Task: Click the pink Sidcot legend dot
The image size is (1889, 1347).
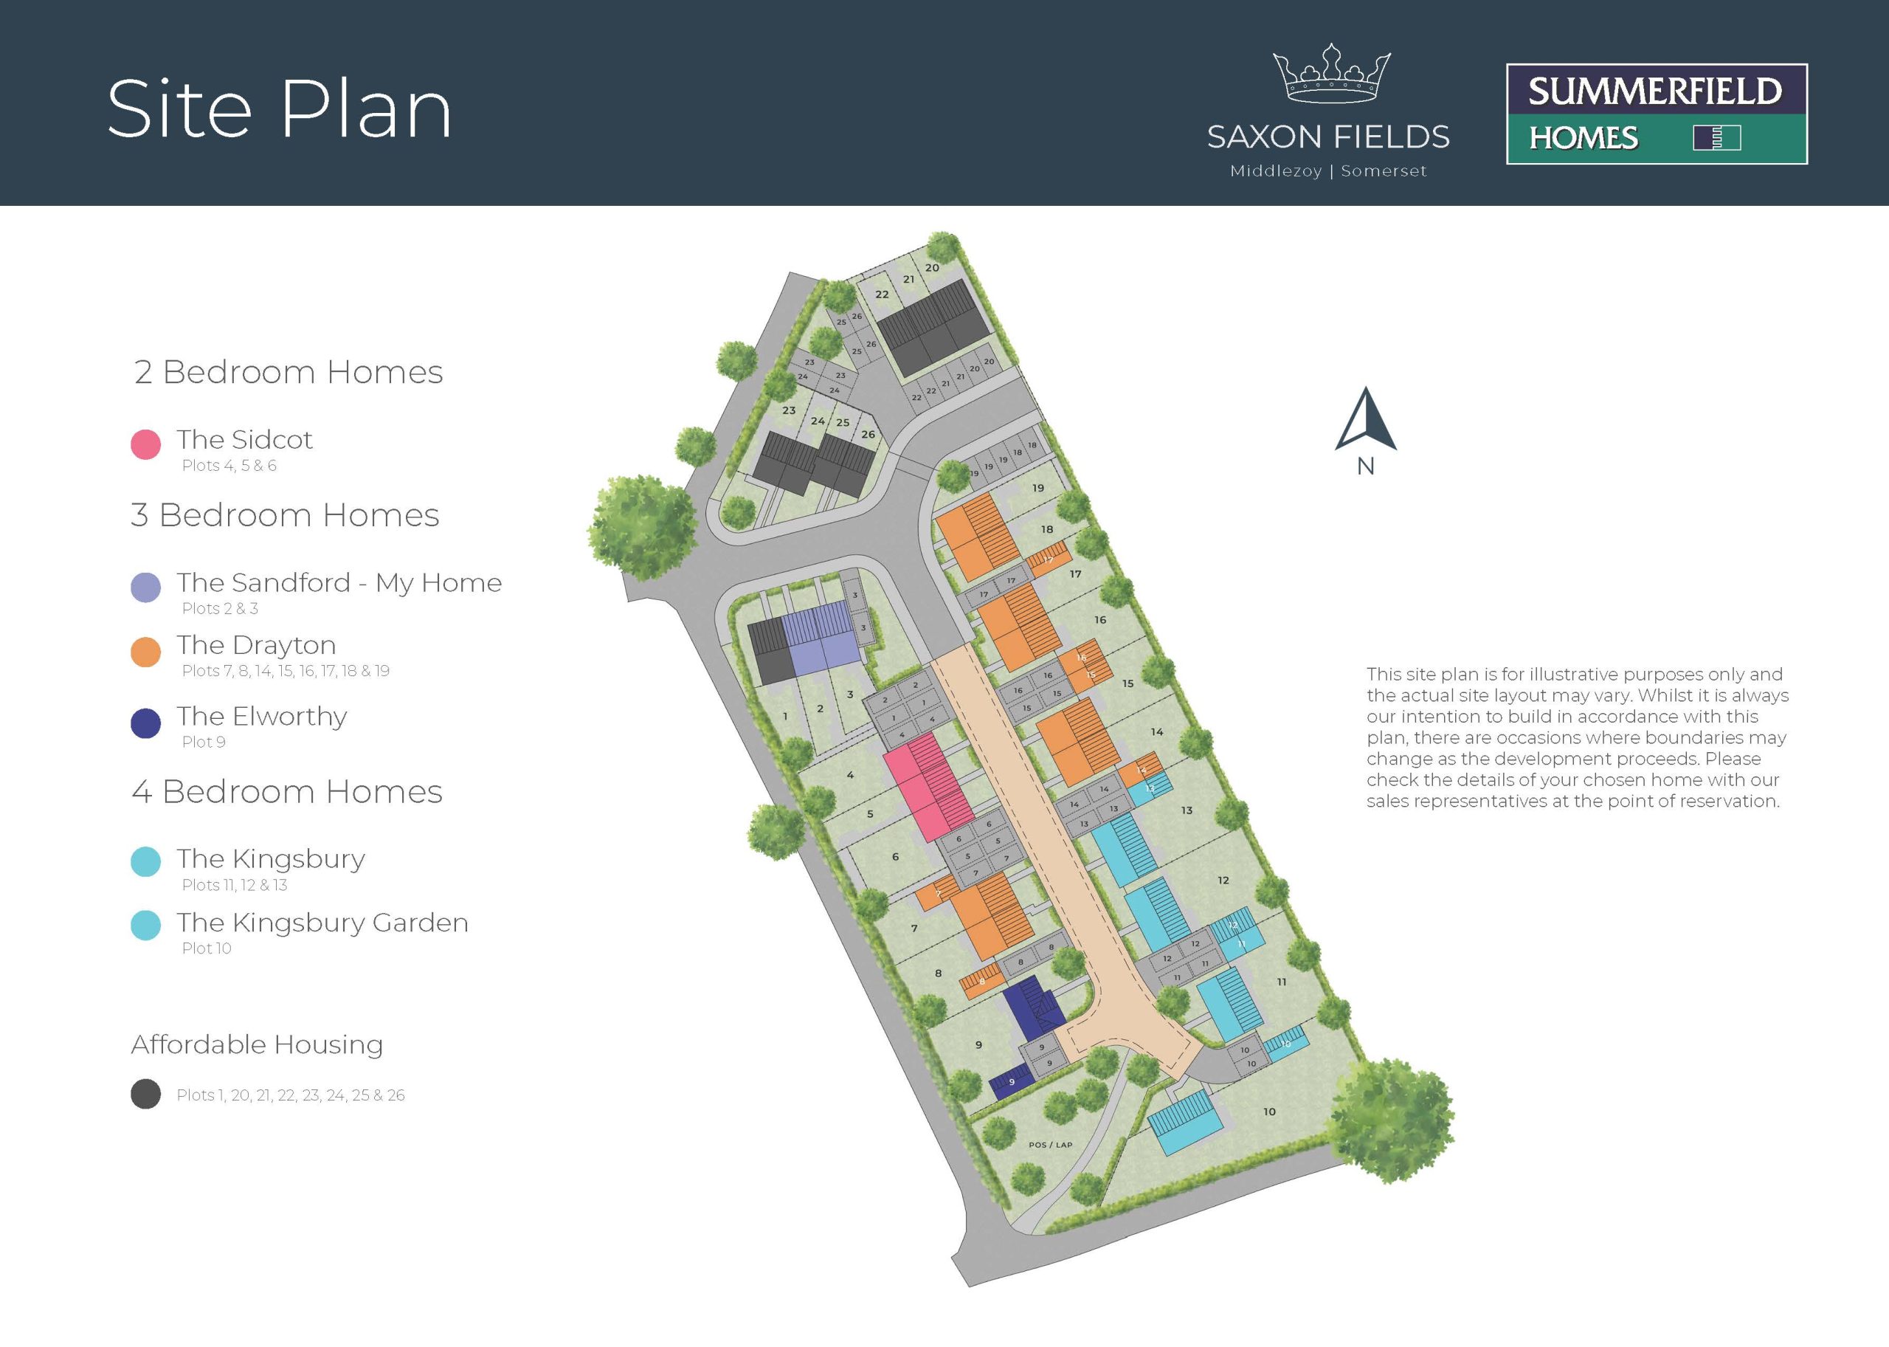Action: click(x=145, y=444)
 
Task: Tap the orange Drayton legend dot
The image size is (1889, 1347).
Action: click(x=145, y=652)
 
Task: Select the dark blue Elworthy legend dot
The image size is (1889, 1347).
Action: click(x=145, y=723)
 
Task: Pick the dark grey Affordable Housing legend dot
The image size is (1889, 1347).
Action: click(x=145, y=1094)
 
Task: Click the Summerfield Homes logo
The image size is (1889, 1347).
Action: click(x=1657, y=114)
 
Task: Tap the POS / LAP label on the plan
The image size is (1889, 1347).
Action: click(x=1050, y=1145)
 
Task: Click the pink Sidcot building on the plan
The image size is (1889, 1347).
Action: click(x=928, y=789)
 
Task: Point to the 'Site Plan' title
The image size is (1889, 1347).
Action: click(x=280, y=108)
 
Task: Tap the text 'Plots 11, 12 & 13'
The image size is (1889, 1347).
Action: click(x=235, y=885)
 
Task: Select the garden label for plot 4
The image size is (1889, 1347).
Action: click(x=850, y=775)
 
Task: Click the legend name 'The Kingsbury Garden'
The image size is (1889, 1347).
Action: click(x=322, y=923)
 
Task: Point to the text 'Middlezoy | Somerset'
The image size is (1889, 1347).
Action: click(x=1328, y=170)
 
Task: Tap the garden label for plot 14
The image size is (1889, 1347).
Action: click(x=1157, y=731)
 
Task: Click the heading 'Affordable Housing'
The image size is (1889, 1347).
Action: click(x=257, y=1044)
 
